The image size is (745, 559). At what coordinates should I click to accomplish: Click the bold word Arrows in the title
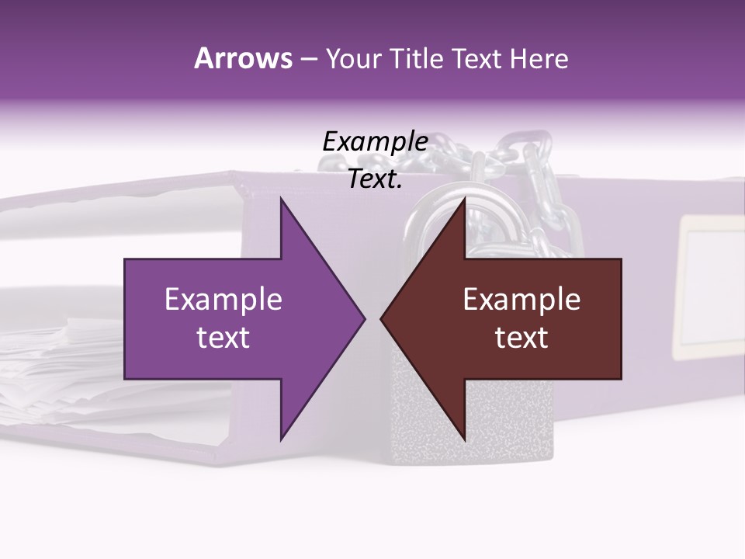point(243,58)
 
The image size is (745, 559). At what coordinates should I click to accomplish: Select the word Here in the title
point(539,59)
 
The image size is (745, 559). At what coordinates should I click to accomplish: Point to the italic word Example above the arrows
point(375,141)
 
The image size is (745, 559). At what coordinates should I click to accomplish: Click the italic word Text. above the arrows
point(375,179)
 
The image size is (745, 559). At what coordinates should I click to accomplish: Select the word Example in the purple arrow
point(223,299)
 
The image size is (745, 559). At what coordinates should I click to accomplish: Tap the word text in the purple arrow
point(223,338)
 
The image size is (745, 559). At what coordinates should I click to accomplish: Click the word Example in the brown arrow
point(521,299)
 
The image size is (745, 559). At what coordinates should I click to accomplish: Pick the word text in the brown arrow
point(521,338)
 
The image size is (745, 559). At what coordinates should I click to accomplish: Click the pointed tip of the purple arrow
point(362,318)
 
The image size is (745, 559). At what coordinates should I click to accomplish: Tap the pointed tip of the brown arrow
point(383,318)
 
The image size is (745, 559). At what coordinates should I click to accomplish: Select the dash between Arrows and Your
point(308,59)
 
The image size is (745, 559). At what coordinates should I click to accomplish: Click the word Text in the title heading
point(478,59)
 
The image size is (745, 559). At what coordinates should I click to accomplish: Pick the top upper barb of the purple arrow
point(281,200)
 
